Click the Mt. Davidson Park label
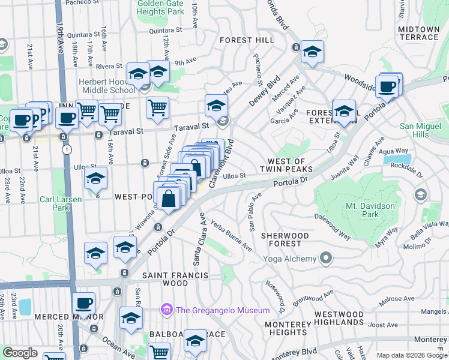coord(370,209)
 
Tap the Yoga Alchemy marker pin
coord(326,259)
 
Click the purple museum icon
coord(166,310)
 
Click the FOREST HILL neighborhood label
coord(246,40)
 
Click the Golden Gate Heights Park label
coord(160,7)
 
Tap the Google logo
coord(20,352)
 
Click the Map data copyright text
coord(411,355)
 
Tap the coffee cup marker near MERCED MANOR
coord(83,304)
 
